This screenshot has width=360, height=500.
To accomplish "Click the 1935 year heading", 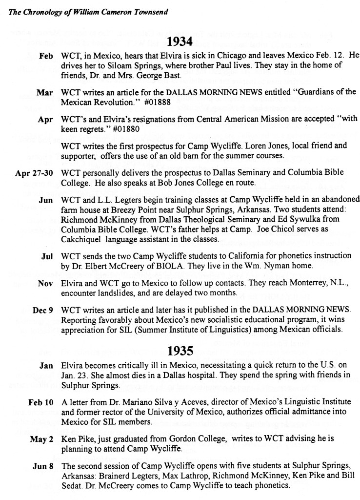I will click(180, 350).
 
